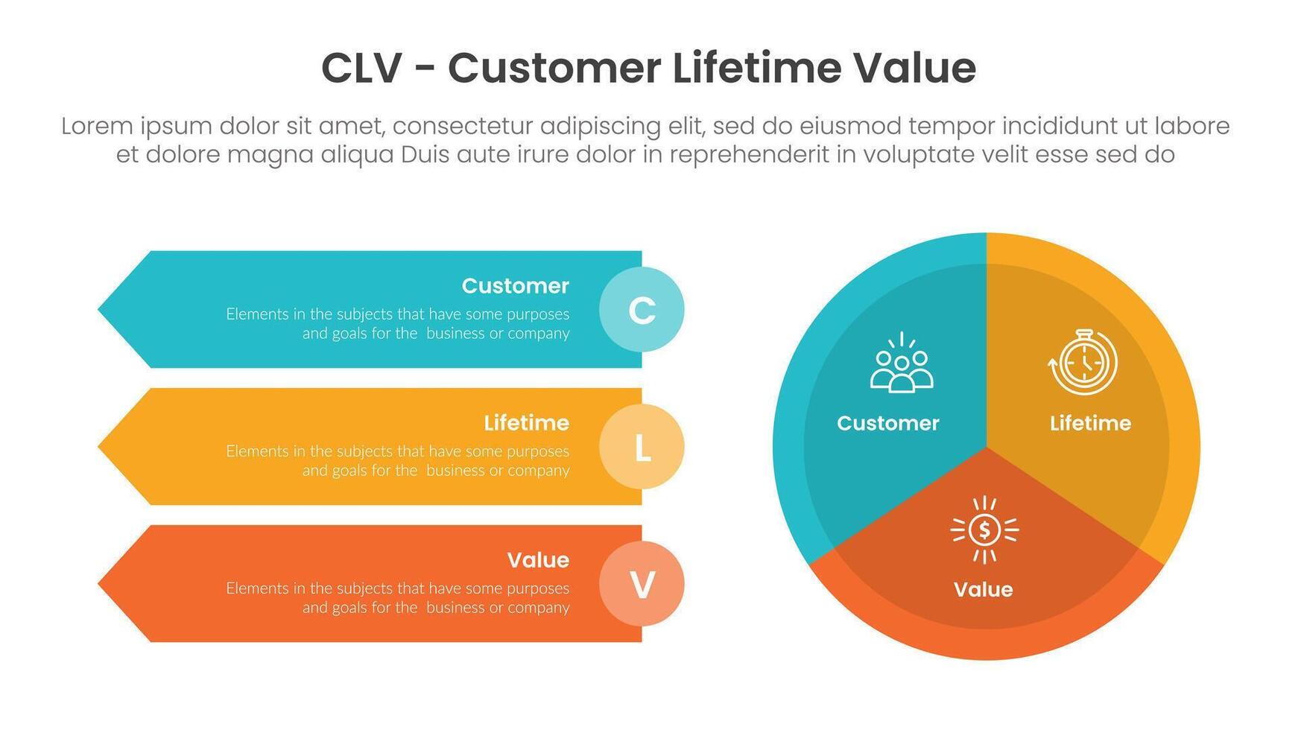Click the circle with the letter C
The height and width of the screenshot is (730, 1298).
(642, 310)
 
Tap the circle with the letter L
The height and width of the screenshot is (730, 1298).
(642, 447)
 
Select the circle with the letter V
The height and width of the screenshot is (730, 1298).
(642, 584)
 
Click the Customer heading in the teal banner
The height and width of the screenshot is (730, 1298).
(515, 286)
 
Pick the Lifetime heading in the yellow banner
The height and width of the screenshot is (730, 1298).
(526, 423)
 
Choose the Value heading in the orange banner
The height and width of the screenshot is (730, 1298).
(538, 560)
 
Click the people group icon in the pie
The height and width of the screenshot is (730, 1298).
(902, 364)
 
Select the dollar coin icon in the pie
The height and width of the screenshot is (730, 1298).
(984, 530)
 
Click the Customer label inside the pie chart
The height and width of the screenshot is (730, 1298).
(887, 423)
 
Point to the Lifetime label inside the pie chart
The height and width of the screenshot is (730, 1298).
(1090, 423)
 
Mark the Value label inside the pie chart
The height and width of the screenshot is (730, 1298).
(983, 590)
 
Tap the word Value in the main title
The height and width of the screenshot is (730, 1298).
(914, 69)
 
